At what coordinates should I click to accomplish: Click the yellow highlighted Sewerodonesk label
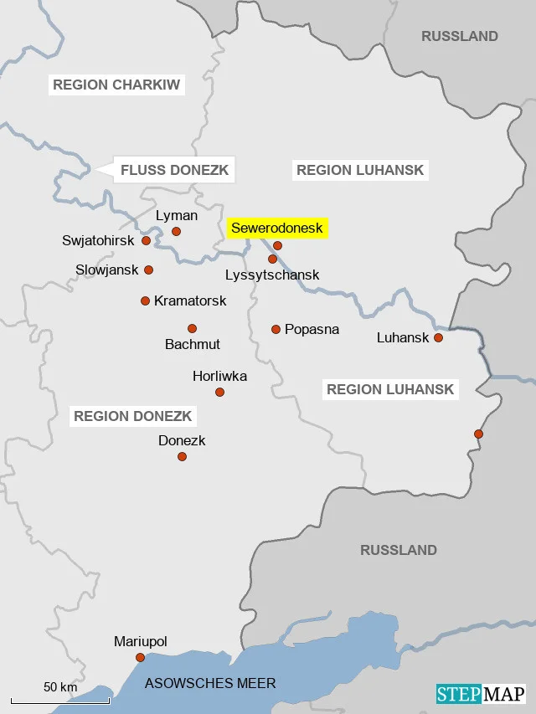(x=276, y=228)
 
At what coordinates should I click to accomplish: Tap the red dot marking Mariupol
(x=140, y=657)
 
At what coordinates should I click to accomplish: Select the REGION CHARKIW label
(x=116, y=85)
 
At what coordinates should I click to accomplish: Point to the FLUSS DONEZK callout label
(x=174, y=170)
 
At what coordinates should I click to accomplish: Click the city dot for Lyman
(x=176, y=231)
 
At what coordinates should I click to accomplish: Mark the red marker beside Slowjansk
(x=148, y=270)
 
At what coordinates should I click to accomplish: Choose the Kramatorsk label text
(x=190, y=300)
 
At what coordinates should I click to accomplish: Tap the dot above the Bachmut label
(x=192, y=328)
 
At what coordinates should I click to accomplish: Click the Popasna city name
(x=312, y=329)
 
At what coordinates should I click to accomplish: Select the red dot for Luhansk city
(x=437, y=337)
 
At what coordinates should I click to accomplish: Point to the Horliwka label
(x=219, y=376)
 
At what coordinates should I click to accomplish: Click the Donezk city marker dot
(x=182, y=456)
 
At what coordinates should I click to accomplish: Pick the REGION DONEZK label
(x=133, y=416)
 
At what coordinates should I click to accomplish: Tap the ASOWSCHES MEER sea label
(x=210, y=683)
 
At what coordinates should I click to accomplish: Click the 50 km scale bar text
(x=60, y=686)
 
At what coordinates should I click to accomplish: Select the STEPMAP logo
(x=481, y=694)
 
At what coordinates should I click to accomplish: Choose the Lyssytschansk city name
(x=272, y=275)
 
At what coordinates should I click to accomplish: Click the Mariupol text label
(x=141, y=641)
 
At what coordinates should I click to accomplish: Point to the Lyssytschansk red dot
(x=272, y=259)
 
